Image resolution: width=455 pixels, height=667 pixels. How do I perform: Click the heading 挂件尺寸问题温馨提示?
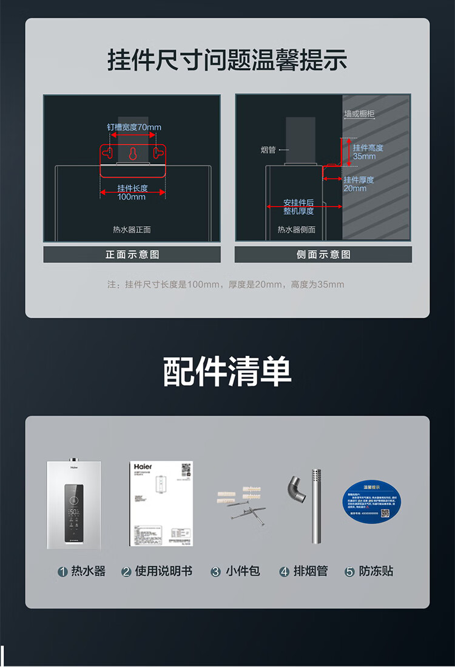click(227, 61)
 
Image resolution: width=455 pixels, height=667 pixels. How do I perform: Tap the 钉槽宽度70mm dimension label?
click(134, 127)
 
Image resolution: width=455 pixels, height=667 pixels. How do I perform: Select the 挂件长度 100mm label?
click(132, 193)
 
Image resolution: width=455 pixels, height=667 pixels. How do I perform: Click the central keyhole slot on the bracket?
click(133, 154)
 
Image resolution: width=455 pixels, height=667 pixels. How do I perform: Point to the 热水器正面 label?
click(132, 230)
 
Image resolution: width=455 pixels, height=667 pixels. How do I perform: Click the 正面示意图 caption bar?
click(132, 255)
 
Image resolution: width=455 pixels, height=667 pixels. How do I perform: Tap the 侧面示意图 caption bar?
click(323, 255)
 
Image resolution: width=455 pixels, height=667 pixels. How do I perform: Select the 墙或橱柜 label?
click(359, 114)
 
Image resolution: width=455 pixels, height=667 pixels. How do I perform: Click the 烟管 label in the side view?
click(268, 149)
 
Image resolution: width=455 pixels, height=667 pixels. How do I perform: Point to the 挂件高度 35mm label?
click(368, 152)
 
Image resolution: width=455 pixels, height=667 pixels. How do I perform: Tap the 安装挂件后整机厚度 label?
click(298, 207)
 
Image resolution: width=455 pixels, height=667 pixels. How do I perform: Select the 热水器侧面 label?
click(297, 230)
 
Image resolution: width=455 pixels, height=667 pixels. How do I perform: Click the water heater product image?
click(74, 504)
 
